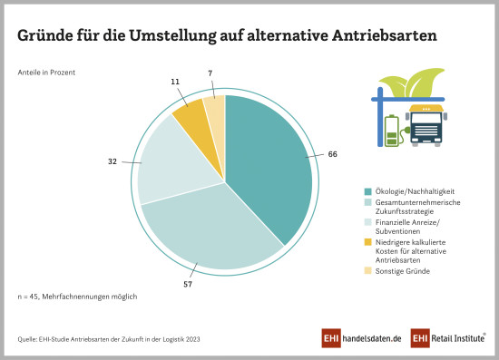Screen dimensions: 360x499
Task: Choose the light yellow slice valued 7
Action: point(215,108)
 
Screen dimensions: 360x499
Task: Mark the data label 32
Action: point(112,161)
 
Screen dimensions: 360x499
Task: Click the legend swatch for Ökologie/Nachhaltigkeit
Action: point(367,191)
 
